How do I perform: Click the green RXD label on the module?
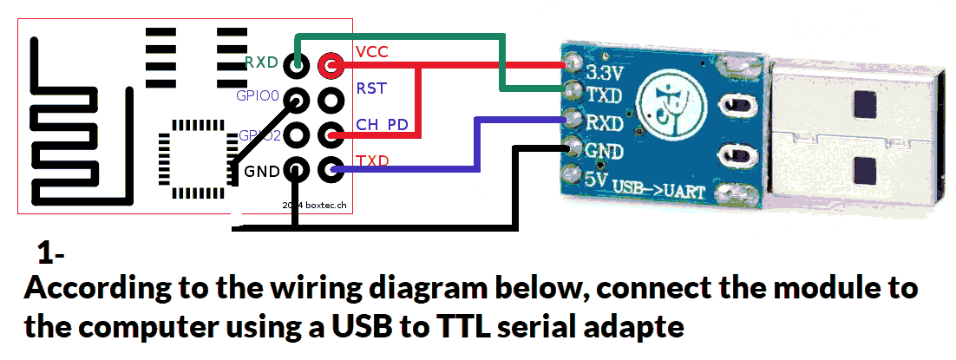click(x=261, y=62)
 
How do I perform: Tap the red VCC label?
click(x=371, y=51)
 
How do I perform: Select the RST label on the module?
click(x=371, y=88)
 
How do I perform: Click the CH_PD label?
click(x=382, y=125)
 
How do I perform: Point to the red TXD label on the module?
click(x=372, y=161)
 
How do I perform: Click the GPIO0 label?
click(x=258, y=95)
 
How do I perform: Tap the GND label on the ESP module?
click(x=261, y=171)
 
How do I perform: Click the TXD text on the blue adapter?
click(x=606, y=95)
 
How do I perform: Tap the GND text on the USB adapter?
click(x=605, y=151)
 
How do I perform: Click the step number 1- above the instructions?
click(x=51, y=254)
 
